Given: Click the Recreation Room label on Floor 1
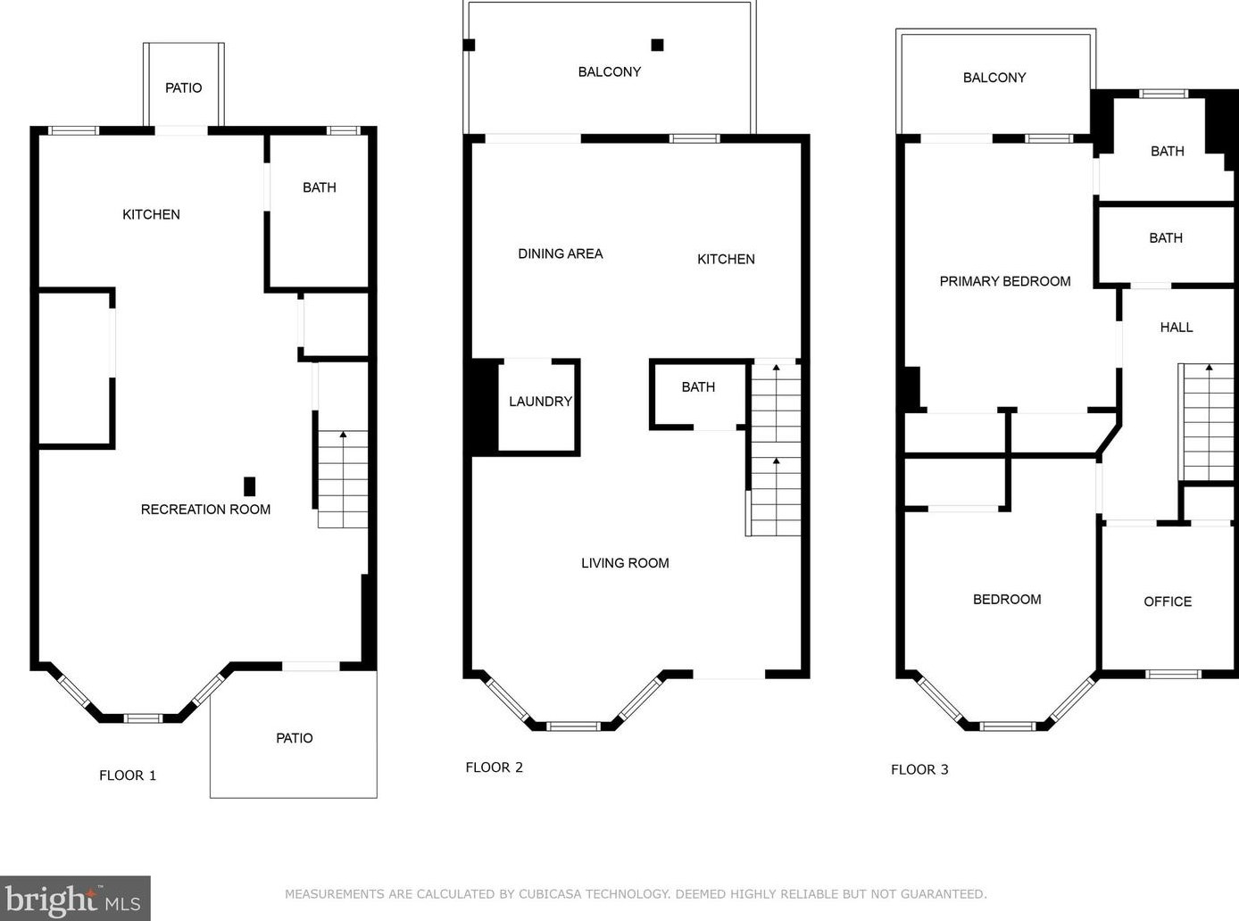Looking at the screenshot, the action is [x=205, y=510].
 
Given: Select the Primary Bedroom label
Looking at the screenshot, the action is [x=1005, y=281].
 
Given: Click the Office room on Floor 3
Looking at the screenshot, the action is [x=1168, y=598].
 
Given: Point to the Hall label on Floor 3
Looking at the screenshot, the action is [x=1177, y=328].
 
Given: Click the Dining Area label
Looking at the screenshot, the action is [x=561, y=253].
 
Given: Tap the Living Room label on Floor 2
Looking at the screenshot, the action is [x=625, y=563].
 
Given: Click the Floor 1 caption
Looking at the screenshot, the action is [x=128, y=776].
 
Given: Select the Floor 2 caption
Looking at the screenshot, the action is [x=495, y=767].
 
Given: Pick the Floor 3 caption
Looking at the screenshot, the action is [x=919, y=769].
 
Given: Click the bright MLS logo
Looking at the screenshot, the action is [x=75, y=898].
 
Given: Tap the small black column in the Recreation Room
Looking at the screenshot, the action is [x=250, y=486].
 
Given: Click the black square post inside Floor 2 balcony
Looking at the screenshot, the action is [x=658, y=45].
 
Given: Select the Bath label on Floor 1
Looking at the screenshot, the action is [x=320, y=187].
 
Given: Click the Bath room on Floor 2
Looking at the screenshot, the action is [x=698, y=394].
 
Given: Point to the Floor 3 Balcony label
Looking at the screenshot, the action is [x=994, y=78].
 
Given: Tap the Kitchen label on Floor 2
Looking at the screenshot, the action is [x=727, y=259].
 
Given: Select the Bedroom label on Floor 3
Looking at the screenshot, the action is [x=1007, y=600].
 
